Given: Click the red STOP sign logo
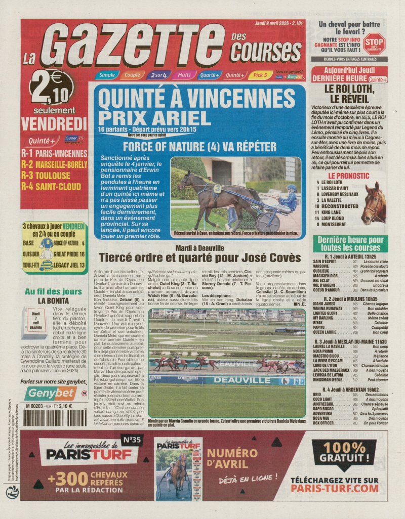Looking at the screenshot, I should click(374, 44).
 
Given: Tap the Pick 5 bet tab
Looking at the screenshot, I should click(260, 75).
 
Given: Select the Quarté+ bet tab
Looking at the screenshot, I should click(209, 75).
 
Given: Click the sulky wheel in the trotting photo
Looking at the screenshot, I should click(268, 221).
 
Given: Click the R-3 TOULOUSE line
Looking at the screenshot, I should click(46, 176).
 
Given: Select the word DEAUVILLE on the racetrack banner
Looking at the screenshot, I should click(241, 379).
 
